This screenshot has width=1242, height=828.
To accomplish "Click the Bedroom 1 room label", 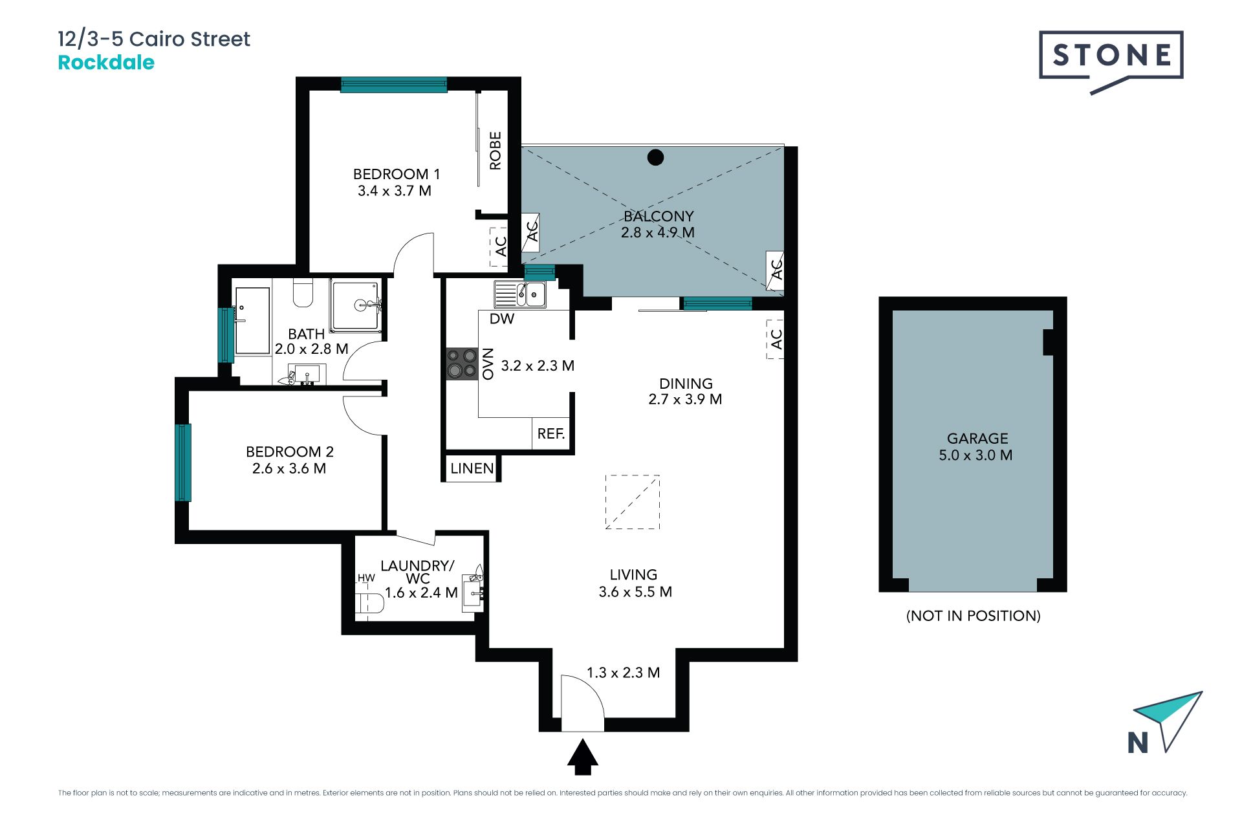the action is tap(397, 174).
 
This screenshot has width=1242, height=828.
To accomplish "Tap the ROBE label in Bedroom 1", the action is tap(496, 151).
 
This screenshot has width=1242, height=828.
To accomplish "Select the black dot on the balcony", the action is tap(655, 157).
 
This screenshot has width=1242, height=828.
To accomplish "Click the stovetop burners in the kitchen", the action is tap(462, 363).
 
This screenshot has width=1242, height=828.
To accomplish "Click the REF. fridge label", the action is tap(551, 433).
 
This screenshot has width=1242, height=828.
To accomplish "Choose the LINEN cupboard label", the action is tap(472, 468).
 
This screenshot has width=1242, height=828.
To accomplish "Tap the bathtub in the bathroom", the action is tap(252, 321).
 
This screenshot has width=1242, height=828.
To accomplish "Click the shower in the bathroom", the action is tap(356, 304).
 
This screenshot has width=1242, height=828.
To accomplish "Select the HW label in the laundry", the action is tap(366, 578).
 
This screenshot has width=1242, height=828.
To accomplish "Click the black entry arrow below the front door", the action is tap(583, 757).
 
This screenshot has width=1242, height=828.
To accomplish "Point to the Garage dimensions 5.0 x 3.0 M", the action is tap(975, 455).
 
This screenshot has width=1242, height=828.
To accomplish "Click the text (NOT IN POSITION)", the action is tap(974, 616).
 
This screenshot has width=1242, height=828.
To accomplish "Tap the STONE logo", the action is tap(1111, 61).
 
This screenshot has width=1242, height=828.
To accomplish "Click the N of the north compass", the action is tap(1138, 743).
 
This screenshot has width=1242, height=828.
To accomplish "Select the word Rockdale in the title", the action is tap(106, 63).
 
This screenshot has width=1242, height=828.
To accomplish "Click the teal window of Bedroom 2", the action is tap(183, 463).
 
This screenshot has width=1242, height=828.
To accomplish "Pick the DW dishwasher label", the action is tap(502, 319).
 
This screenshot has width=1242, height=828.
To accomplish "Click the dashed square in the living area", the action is tap(633, 502).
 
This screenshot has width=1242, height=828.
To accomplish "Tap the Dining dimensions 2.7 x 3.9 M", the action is tap(685, 400).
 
